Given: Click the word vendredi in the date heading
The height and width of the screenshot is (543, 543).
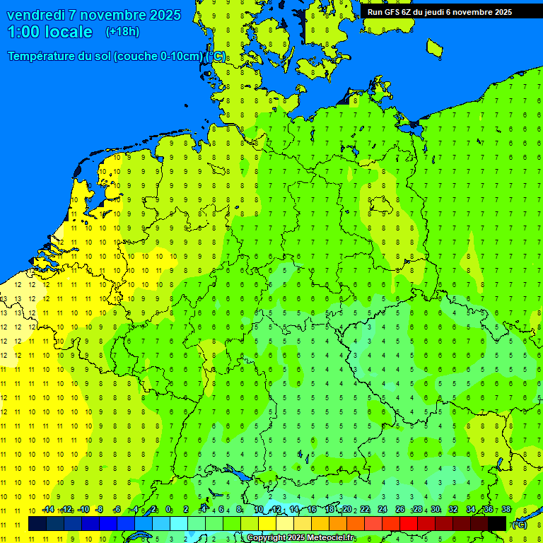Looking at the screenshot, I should click(x=35, y=15).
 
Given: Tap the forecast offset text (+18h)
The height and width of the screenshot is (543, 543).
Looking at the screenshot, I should click(x=122, y=31).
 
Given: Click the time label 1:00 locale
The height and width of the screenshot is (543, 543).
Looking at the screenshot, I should click(x=49, y=32).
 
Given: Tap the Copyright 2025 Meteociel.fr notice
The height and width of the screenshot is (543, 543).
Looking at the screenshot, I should click(x=300, y=538).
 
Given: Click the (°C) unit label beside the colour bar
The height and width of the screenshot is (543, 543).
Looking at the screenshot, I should click(x=518, y=525).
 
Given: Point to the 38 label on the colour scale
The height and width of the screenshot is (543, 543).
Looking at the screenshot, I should click(x=506, y=509).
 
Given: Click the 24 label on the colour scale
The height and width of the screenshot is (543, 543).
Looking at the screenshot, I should click(x=383, y=509).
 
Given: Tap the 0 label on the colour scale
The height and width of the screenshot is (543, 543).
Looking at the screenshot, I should click(x=169, y=509).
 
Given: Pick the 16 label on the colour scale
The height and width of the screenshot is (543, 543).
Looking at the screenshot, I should click(x=312, y=509).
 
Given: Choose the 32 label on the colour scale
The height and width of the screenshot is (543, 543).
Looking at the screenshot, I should click(x=453, y=509).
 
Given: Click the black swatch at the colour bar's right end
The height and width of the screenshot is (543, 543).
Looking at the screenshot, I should click(x=497, y=523).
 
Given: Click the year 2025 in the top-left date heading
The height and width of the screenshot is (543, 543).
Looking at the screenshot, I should click(x=160, y=15).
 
